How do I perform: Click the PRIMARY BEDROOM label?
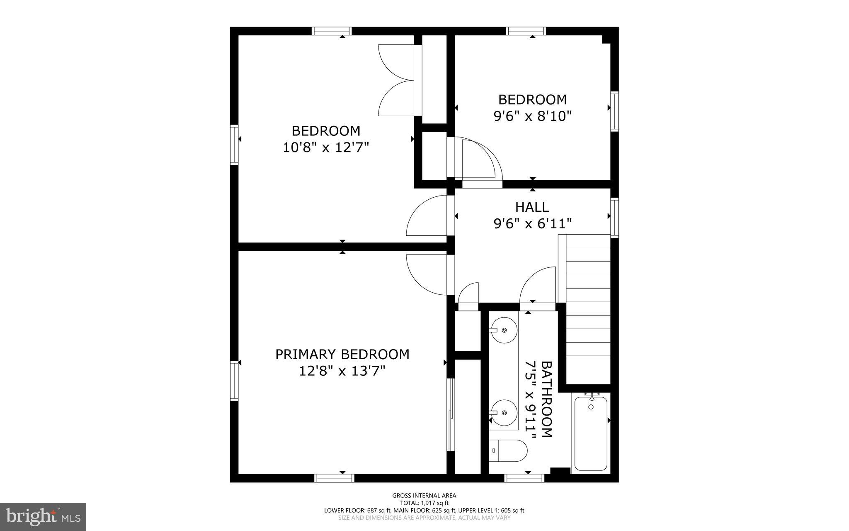click(342, 354)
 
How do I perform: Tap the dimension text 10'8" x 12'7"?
click(325, 147)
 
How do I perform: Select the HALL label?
click(532, 207)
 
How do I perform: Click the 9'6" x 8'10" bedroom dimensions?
click(532, 116)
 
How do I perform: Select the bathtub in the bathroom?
click(591, 433)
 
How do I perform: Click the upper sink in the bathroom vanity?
click(504, 330)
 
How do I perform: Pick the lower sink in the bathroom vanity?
click(504, 413)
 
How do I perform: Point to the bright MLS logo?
click(43, 516)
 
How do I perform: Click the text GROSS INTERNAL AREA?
click(424, 495)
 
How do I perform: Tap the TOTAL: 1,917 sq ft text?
click(424, 503)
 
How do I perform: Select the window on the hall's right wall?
click(614, 218)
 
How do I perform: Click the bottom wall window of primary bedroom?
click(334, 478)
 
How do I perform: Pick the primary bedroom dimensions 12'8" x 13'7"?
click(342, 371)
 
